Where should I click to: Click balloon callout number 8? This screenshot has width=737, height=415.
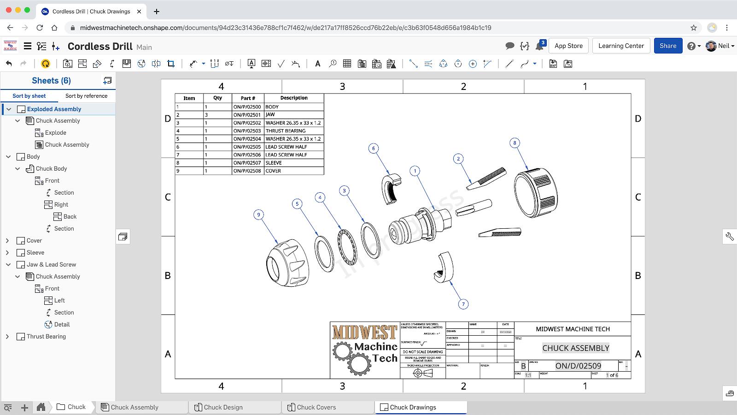pos(515,143)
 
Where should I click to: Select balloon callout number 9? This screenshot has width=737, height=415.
pos(259,214)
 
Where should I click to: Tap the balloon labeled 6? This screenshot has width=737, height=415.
pos(374,148)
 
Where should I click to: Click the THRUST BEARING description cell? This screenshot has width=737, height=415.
pos(293,131)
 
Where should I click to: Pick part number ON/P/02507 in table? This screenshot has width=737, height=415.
pos(247,163)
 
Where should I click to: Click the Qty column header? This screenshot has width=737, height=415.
pos(217,98)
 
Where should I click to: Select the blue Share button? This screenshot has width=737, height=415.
pos(667,46)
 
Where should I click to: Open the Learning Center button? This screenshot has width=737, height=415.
pos(621,46)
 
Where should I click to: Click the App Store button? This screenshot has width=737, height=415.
pos(568,46)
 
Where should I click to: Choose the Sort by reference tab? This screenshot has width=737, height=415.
pos(86,96)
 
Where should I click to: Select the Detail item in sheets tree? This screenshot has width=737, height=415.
pos(62,325)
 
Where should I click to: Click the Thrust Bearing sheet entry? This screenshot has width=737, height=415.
pos(46,337)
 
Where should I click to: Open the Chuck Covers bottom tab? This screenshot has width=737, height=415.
pos(316,407)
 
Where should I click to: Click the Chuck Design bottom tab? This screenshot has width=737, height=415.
pos(223,407)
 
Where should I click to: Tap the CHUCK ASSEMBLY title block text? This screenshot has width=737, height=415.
pos(575,348)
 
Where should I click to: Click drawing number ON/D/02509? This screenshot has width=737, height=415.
pos(578,366)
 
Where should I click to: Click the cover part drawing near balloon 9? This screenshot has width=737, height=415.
pos(287,264)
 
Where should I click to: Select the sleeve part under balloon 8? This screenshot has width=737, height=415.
pos(536,194)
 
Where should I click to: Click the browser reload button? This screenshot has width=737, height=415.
pos(40,28)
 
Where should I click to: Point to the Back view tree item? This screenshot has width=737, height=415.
pos(70,217)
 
